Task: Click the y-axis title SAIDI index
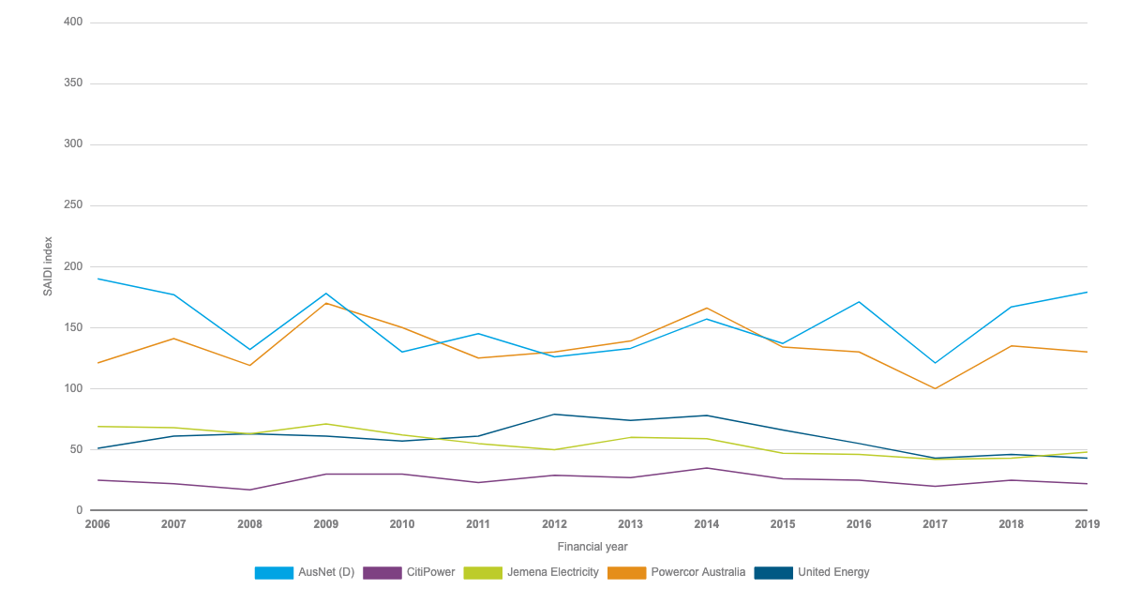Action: coord(48,266)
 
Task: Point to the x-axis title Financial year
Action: coord(592,546)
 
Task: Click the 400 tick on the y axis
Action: coord(73,22)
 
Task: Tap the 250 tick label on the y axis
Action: coord(73,205)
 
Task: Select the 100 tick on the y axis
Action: coord(73,388)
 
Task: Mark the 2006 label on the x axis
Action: coord(97,524)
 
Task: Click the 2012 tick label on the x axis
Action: coord(554,524)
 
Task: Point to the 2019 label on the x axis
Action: coord(1087,524)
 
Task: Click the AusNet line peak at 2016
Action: coord(859,302)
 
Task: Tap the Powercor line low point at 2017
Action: coord(935,388)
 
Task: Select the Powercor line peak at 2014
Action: coord(706,308)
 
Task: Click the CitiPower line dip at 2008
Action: coord(249,490)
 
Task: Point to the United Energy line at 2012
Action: coord(554,414)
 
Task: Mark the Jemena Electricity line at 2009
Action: coord(325,424)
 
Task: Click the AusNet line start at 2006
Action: coord(97,279)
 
